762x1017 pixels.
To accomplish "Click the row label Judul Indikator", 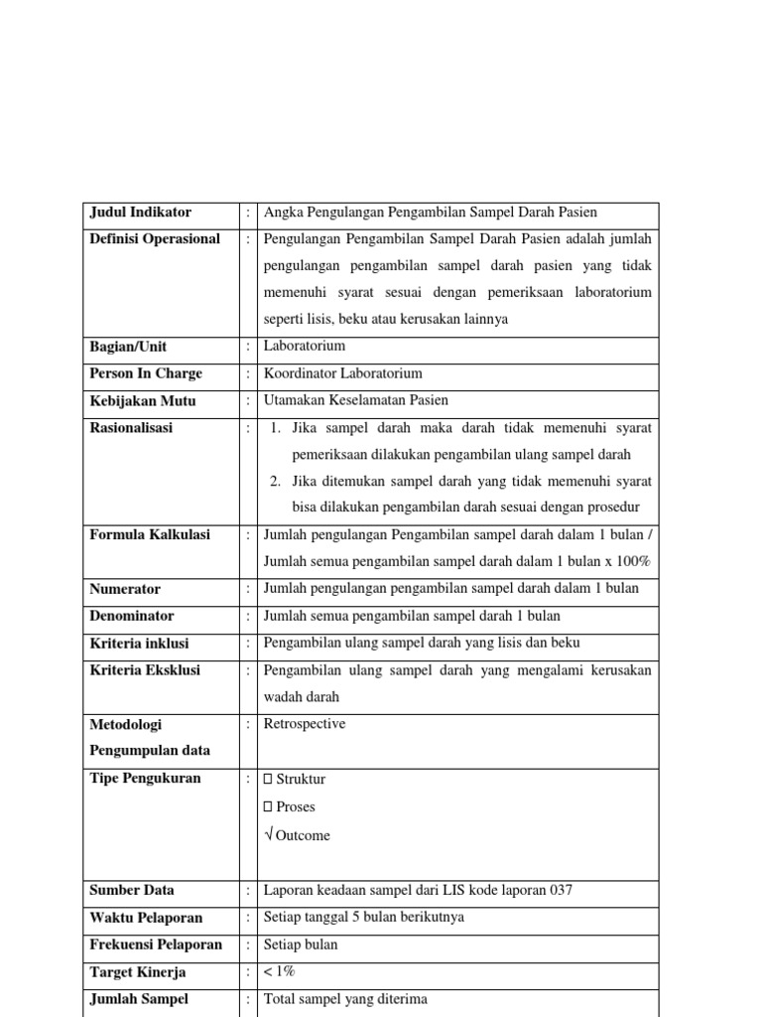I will (141, 213).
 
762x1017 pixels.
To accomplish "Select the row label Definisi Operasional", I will (155, 239).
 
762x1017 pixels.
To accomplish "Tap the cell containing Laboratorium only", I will (305, 347).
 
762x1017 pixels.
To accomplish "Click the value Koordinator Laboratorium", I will (342, 373).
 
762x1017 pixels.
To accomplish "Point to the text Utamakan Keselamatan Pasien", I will (356, 400).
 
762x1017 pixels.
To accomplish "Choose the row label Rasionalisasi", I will (131, 428).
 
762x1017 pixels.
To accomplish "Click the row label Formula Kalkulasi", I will (150, 534).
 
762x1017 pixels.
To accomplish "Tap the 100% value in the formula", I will (630, 562).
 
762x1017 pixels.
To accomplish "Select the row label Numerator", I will (125, 589).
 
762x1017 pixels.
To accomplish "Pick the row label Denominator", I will (132, 616).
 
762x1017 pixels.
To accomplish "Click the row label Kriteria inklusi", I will (139, 644).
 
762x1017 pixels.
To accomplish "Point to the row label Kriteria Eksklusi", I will (145, 670).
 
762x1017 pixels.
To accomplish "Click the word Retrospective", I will (305, 724).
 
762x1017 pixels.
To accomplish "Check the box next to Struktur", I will (268, 779).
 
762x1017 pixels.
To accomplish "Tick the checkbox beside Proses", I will (268, 806).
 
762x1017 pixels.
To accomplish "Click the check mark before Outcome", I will (269, 835).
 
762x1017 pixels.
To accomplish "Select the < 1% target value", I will (280, 972).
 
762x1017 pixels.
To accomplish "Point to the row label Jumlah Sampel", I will (139, 999).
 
